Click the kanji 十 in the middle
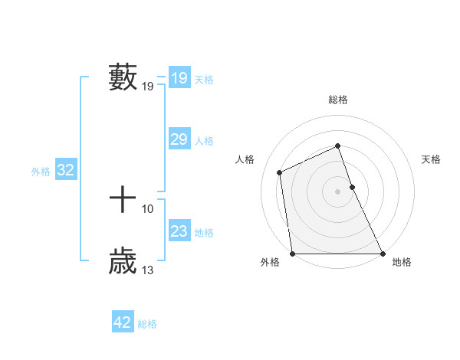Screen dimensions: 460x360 [123, 200]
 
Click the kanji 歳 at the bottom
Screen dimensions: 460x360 [123, 260]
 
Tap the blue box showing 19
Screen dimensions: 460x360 [179, 78]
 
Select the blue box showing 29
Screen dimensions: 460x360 [179, 139]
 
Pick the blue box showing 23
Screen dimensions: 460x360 [179, 231]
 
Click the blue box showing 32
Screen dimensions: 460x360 [65, 170]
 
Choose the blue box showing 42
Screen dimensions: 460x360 [122, 322]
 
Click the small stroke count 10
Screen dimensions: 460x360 [148, 208]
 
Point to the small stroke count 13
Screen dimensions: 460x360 [148, 270]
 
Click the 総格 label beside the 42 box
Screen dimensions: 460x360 [147, 324]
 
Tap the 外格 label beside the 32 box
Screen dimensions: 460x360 [41, 172]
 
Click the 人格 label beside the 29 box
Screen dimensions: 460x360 [204, 141]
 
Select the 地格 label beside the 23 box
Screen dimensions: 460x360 [204, 233]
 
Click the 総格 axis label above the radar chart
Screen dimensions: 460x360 [338, 100]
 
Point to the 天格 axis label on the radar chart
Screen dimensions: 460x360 [432, 159]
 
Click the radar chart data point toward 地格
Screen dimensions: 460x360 [382, 253]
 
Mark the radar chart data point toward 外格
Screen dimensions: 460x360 [293, 253]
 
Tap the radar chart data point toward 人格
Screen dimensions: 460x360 [280, 172]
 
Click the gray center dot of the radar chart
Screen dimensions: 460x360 [337, 191]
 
